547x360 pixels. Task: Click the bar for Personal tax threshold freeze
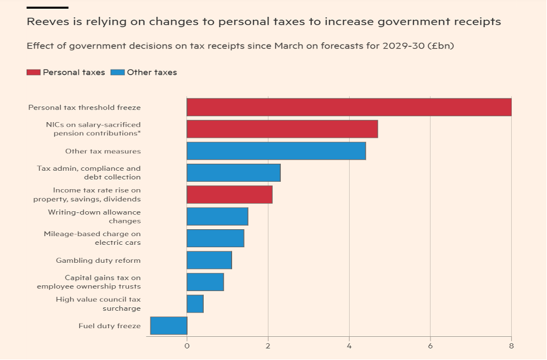348,107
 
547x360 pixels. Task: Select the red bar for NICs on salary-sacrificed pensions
282,129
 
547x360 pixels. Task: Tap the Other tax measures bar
276,151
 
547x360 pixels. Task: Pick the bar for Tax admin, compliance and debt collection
233,172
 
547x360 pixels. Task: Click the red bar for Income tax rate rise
229,194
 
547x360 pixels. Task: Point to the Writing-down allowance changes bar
217,216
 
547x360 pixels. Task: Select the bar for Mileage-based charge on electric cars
215,238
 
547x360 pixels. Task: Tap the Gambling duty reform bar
209,260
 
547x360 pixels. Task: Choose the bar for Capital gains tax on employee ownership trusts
205,282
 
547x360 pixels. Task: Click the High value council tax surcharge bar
195,303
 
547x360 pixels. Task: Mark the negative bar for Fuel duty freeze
168,325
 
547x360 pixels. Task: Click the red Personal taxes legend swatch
34,72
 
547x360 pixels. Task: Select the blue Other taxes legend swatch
118,72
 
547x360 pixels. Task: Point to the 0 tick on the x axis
186,346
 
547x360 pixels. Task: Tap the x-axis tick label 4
349,346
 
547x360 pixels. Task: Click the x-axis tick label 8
511,346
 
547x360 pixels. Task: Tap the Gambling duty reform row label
98,260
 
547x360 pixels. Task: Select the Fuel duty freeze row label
109,326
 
